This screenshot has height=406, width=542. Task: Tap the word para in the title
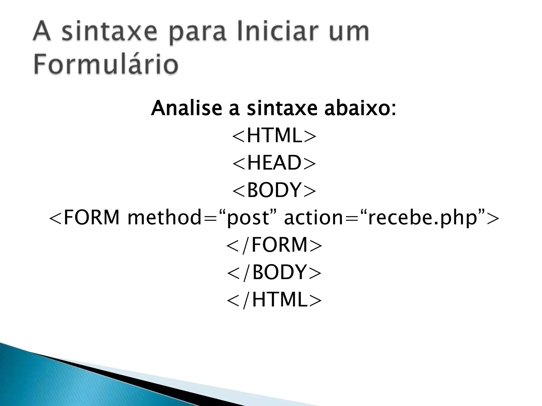pyautogui.click(x=198, y=34)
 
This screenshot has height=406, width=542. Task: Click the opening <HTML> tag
pyautogui.click(x=274, y=136)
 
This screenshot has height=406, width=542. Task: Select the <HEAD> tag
pyautogui.click(x=274, y=163)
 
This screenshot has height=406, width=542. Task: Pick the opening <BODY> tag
pyautogui.click(x=274, y=190)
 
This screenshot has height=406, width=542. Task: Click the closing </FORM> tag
pyautogui.click(x=274, y=245)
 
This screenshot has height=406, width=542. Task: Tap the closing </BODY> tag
pyautogui.click(x=274, y=272)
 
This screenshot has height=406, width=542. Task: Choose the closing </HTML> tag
pyautogui.click(x=274, y=300)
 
